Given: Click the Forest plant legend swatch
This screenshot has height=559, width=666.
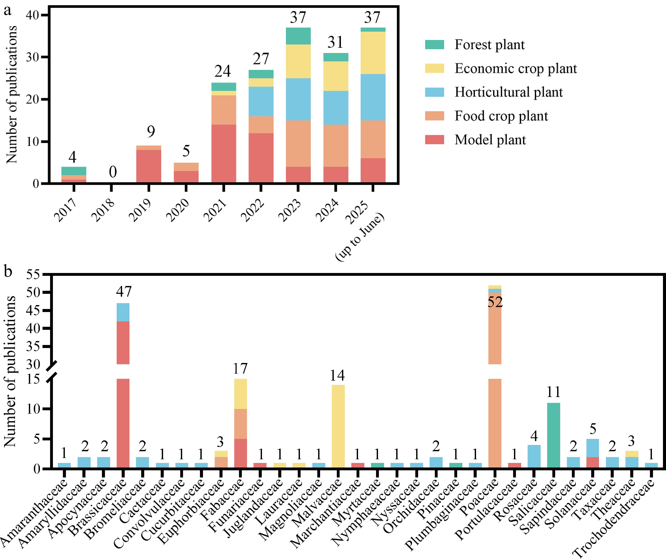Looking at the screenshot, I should [434, 45].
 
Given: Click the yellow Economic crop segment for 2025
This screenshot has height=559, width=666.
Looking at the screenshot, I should [373, 53].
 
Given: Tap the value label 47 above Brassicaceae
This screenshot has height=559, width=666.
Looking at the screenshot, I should [124, 292].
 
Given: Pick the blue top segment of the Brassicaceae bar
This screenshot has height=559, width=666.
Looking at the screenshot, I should [123, 312].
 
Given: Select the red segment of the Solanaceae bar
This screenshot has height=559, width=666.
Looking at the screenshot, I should [592, 462].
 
